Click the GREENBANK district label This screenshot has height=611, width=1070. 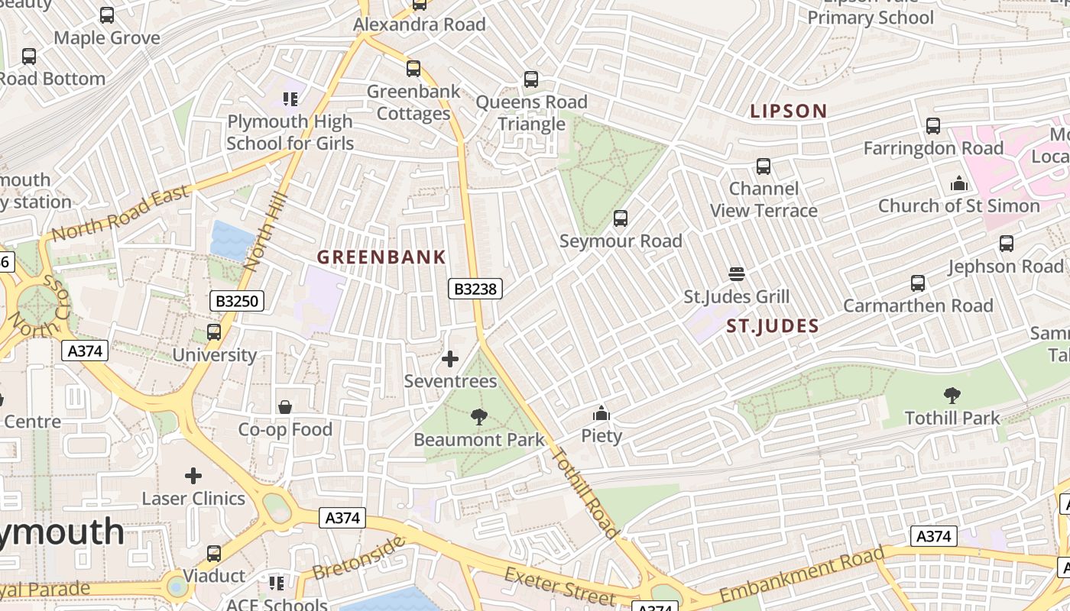pyautogui.click(x=381, y=257)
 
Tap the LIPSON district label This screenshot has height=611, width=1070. pyautogui.click(x=789, y=112)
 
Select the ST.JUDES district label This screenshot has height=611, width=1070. pyautogui.click(x=773, y=327)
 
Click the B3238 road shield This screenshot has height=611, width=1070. pyautogui.click(x=475, y=289)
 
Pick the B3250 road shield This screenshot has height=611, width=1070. pyautogui.click(x=237, y=301)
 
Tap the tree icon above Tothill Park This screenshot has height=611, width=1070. pyautogui.click(x=952, y=396)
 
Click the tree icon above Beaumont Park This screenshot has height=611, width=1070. pyautogui.click(x=479, y=417)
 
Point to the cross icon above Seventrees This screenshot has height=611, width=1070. pyautogui.click(x=450, y=358)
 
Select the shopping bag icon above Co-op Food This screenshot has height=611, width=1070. pyautogui.click(x=285, y=407)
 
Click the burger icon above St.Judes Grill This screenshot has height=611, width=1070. pyautogui.click(x=737, y=273)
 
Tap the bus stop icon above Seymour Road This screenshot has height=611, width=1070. pyautogui.click(x=621, y=218)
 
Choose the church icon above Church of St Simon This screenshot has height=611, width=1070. pyautogui.click(x=958, y=183)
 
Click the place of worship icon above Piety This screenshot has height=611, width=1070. pyautogui.click(x=601, y=413)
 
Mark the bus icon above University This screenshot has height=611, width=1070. pyautogui.click(x=214, y=332)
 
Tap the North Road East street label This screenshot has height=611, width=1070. pyautogui.click(x=120, y=213)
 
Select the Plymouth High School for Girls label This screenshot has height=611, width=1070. pyautogui.click(x=290, y=132)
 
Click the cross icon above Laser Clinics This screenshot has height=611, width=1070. pyautogui.click(x=193, y=476)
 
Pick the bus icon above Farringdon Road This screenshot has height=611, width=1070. pyautogui.click(x=933, y=126)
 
